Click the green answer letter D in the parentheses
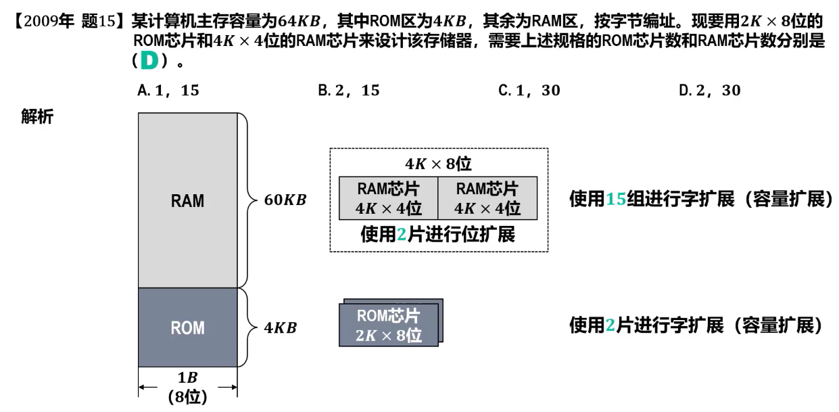click(149, 61)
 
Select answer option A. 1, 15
click(168, 91)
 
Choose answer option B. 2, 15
click(349, 91)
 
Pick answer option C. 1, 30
click(529, 91)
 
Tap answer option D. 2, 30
click(710, 91)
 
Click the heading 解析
click(37, 117)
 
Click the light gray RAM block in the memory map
click(187, 200)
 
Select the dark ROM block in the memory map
click(187, 328)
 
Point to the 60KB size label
click(285, 200)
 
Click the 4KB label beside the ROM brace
click(280, 328)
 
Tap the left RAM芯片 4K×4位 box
click(389, 198)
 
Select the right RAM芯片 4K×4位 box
click(487, 198)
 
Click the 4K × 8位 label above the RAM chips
click(438, 164)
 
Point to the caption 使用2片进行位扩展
click(438, 235)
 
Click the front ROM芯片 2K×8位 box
click(388, 325)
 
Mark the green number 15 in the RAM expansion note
click(616, 200)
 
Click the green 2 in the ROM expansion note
click(610, 326)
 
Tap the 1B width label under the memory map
click(187, 377)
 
